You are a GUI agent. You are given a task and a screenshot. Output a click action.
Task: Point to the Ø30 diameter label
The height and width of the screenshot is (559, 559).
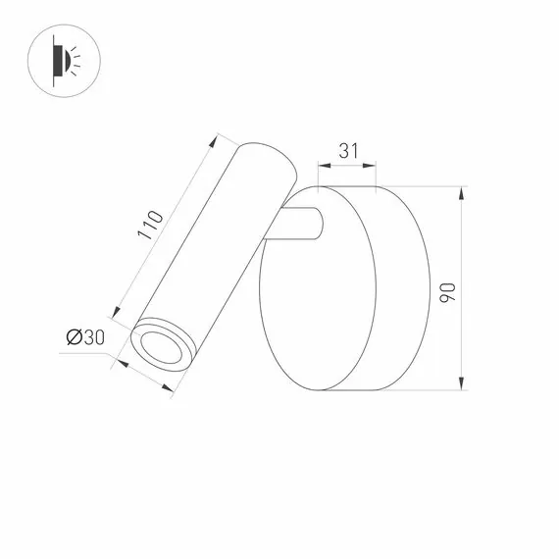(84, 338)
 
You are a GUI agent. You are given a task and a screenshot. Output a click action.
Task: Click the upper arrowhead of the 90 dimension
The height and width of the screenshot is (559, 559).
(462, 189)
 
